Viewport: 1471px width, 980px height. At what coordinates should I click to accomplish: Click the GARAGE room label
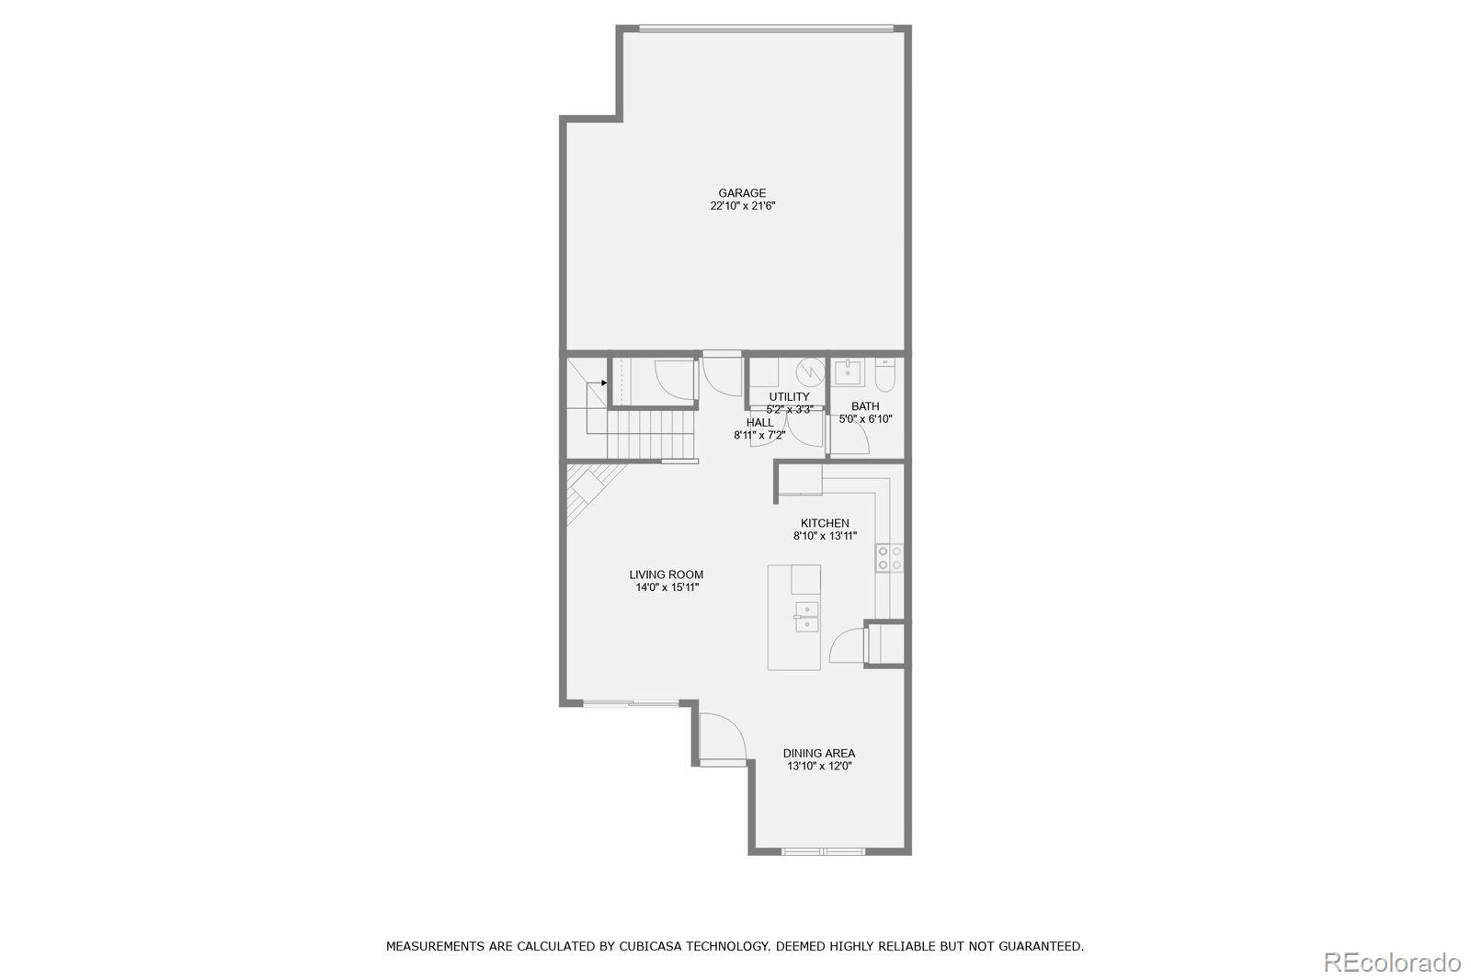[742, 193]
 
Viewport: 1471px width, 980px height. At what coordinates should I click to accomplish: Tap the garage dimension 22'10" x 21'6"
[742, 206]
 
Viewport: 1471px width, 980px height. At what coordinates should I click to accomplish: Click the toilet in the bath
[885, 375]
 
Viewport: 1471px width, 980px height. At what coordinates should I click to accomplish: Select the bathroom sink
[848, 372]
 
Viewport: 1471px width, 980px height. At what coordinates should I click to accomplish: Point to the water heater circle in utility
[810, 372]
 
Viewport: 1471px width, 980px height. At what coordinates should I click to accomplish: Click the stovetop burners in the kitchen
[889, 558]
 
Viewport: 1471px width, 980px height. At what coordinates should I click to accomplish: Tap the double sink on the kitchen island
[806, 617]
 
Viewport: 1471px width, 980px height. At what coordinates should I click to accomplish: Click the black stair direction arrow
[603, 382]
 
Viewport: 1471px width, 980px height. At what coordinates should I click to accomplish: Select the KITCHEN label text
[825, 523]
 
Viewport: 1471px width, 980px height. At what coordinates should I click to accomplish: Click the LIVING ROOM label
[667, 575]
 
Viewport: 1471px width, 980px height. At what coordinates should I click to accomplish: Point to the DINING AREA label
[819, 753]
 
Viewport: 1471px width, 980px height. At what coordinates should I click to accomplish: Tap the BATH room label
[865, 406]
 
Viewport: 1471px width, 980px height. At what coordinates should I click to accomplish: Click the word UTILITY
[790, 397]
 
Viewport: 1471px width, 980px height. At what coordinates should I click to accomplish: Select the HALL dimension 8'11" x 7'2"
[759, 435]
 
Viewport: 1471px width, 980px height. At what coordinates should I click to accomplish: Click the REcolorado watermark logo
[1391, 962]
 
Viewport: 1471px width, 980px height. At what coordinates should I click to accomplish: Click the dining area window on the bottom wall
[823, 851]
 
